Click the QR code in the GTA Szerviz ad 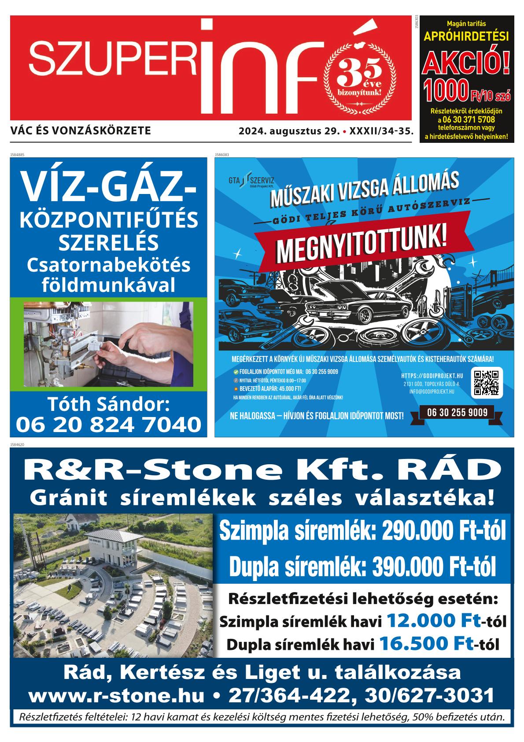[x=487, y=382]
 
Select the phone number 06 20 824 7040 [x=108, y=424]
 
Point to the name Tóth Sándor [x=108, y=404]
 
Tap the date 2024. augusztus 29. [x=289, y=131]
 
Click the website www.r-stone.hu [x=117, y=695]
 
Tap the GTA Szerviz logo [x=251, y=182]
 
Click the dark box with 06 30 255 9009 [x=457, y=413]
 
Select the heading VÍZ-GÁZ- [x=108, y=186]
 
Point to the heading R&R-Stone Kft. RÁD [x=262, y=471]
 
